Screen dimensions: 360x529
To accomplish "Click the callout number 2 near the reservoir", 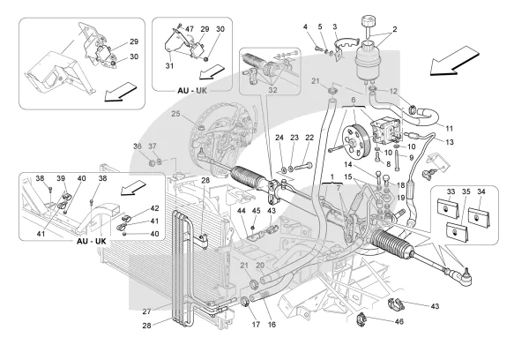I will point(394,30).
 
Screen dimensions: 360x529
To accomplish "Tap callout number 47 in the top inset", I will point(190,30).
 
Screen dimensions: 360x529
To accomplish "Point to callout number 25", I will point(175,116).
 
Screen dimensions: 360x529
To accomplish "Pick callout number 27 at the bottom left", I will point(147,311).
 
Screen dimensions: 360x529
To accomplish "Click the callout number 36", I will point(138,146).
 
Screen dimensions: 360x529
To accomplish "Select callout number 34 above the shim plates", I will point(481,191).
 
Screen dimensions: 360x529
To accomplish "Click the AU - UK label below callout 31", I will point(189,88).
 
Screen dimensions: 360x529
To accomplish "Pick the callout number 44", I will point(239,211).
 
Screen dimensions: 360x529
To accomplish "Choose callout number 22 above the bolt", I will point(310,139).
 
